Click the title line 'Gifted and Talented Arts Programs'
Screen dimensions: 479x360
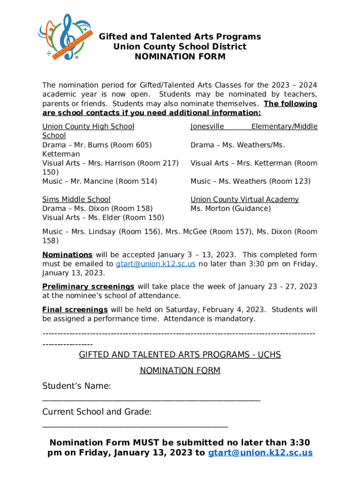tap(180, 36)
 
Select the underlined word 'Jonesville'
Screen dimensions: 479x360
tap(207, 126)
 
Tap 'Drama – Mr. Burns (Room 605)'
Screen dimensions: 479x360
tap(97, 145)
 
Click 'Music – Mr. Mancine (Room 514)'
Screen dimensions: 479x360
tap(100, 181)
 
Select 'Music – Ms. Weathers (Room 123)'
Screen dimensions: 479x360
tap(250, 181)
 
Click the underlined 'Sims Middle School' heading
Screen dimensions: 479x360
tap(76, 199)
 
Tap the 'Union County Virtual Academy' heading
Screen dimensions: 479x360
tap(244, 199)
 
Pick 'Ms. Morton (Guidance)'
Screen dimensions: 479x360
tap(230, 209)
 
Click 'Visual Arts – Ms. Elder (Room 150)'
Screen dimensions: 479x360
tap(103, 218)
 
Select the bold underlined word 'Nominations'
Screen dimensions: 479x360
tap(67, 255)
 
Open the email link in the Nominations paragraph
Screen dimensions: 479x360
tap(155, 264)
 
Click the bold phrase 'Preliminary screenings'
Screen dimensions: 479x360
tap(88, 286)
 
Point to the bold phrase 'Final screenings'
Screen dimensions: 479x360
tap(75, 310)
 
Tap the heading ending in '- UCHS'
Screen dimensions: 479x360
tap(180, 355)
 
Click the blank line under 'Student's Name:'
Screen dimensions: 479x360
tap(151, 400)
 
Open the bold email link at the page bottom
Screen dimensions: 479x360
tap(260, 453)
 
